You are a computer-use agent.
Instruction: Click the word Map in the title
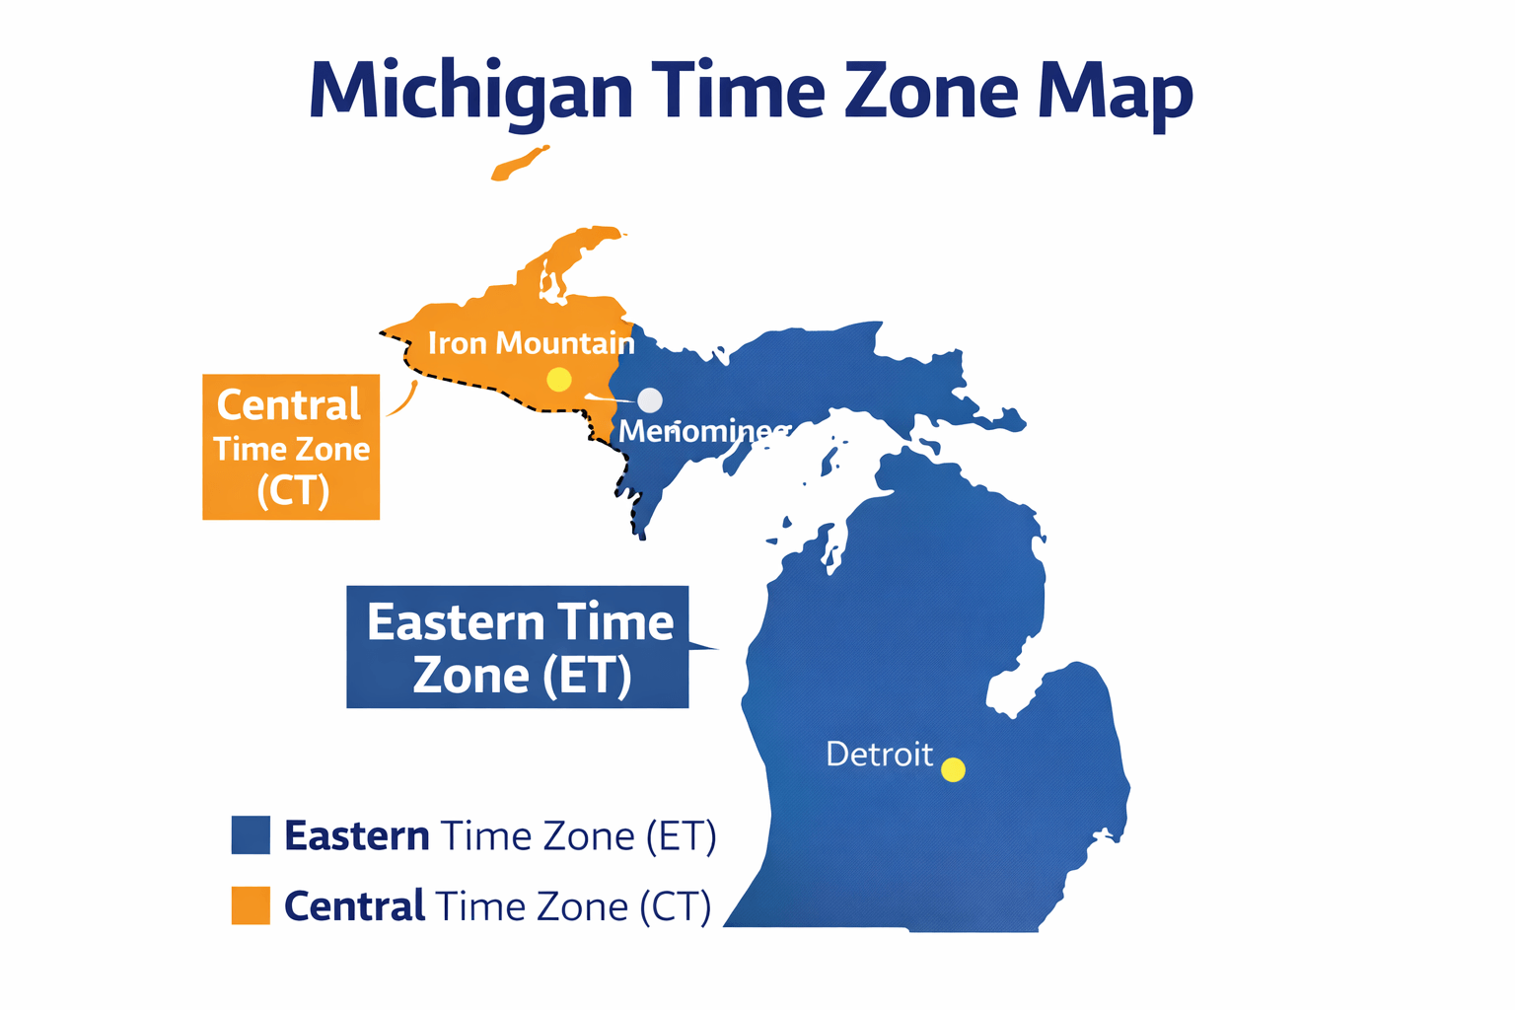pyautogui.click(x=1115, y=91)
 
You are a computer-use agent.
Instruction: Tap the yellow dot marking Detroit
pyautogui.click(x=953, y=769)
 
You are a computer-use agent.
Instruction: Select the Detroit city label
pyautogui.click(x=879, y=755)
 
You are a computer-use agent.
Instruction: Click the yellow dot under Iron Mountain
pyautogui.click(x=559, y=379)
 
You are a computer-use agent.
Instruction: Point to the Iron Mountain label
pyautogui.click(x=531, y=343)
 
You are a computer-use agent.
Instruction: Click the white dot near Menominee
pyautogui.click(x=650, y=399)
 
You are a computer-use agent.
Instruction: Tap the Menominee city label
pyautogui.click(x=703, y=431)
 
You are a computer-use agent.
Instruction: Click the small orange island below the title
pyautogui.click(x=520, y=164)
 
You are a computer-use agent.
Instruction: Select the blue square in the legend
pyautogui.click(x=251, y=834)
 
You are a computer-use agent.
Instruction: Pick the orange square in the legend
pyautogui.click(x=251, y=905)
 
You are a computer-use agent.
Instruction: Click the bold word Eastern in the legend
pyautogui.click(x=356, y=836)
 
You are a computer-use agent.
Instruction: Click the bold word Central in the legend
pyautogui.click(x=354, y=906)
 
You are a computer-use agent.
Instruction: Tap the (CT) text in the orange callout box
pyautogui.click(x=292, y=490)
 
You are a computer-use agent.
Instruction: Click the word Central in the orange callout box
pyautogui.click(x=289, y=405)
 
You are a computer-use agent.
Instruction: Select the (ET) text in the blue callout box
pyautogui.click(x=587, y=676)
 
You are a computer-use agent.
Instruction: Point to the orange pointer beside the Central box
pyautogui.click(x=402, y=400)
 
